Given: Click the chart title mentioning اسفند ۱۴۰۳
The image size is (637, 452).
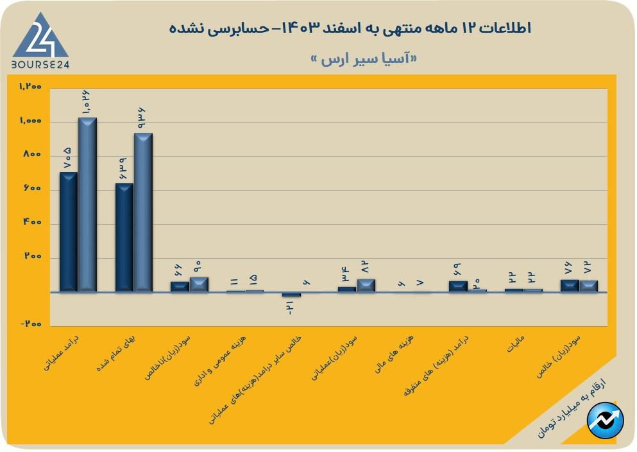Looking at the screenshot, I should point(350,28).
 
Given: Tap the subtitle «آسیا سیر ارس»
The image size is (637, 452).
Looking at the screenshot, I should point(363,58).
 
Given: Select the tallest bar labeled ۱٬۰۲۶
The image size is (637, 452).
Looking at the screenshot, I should point(87,204).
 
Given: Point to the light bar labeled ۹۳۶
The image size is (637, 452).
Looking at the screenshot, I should point(143,212).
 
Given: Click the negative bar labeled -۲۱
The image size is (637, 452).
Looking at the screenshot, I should point(291,295).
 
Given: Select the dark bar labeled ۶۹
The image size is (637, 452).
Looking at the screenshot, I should point(459,286).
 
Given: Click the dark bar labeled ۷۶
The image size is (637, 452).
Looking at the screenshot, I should point(570,286).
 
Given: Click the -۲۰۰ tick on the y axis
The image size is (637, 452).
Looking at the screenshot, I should point(30,324).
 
